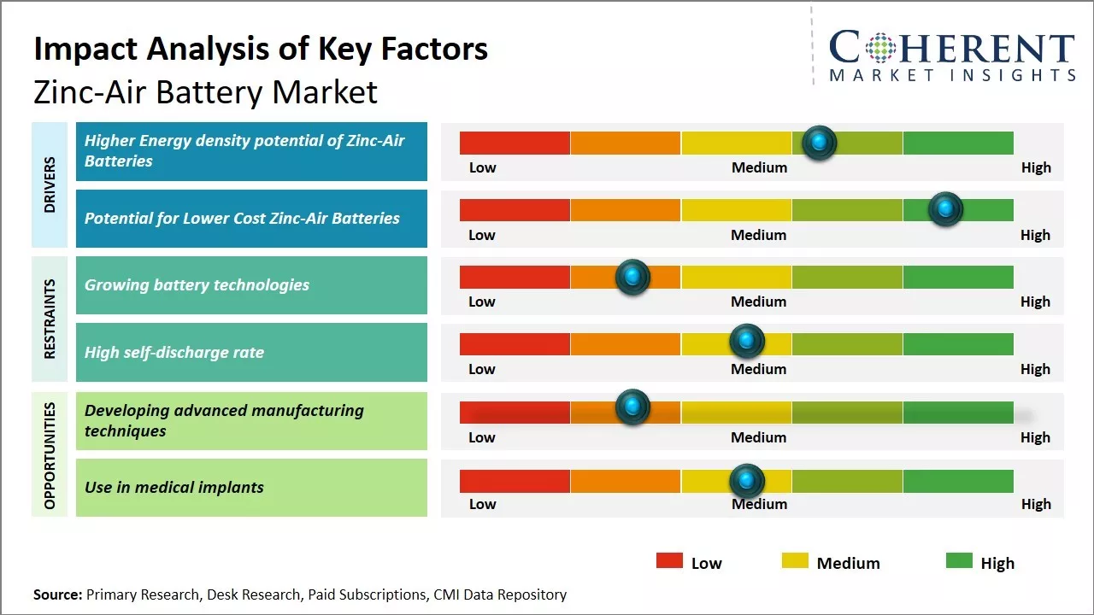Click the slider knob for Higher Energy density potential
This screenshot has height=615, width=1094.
pyautogui.click(x=820, y=143)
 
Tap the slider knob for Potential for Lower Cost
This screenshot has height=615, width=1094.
pyautogui.click(x=945, y=209)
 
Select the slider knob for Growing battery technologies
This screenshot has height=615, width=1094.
pyautogui.click(x=632, y=277)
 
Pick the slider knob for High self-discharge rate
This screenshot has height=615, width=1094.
pyautogui.click(x=747, y=342)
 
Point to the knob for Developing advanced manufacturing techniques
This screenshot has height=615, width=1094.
pyautogui.click(x=632, y=407)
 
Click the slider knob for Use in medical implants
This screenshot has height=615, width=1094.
pyautogui.click(x=747, y=481)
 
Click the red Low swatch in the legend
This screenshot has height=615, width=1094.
pyautogui.click(x=669, y=560)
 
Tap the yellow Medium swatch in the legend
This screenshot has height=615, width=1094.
pyautogui.click(x=795, y=560)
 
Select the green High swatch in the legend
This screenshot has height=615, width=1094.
pyautogui.click(x=959, y=560)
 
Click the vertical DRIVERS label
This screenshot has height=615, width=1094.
pyautogui.click(x=50, y=184)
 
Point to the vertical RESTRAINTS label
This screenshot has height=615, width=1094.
pyautogui.click(x=50, y=319)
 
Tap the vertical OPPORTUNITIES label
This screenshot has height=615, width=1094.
pyautogui.click(x=50, y=455)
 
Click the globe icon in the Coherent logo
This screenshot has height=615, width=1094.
pyautogui.click(x=881, y=48)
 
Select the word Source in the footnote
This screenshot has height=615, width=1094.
pyautogui.click(x=57, y=594)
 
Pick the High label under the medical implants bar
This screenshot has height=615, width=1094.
pyautogui.click(x=1036, y=504)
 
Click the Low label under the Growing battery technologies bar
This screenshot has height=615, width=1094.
pyautogui.click(x=482, y=302)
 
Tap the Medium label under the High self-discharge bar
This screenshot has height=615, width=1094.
pyautogui.click(x=759, y=369)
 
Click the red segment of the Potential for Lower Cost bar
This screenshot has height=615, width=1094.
pyautogui.click(x=515, y=209)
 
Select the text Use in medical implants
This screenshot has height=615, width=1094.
pyautogui.click(x=174, y=488)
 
